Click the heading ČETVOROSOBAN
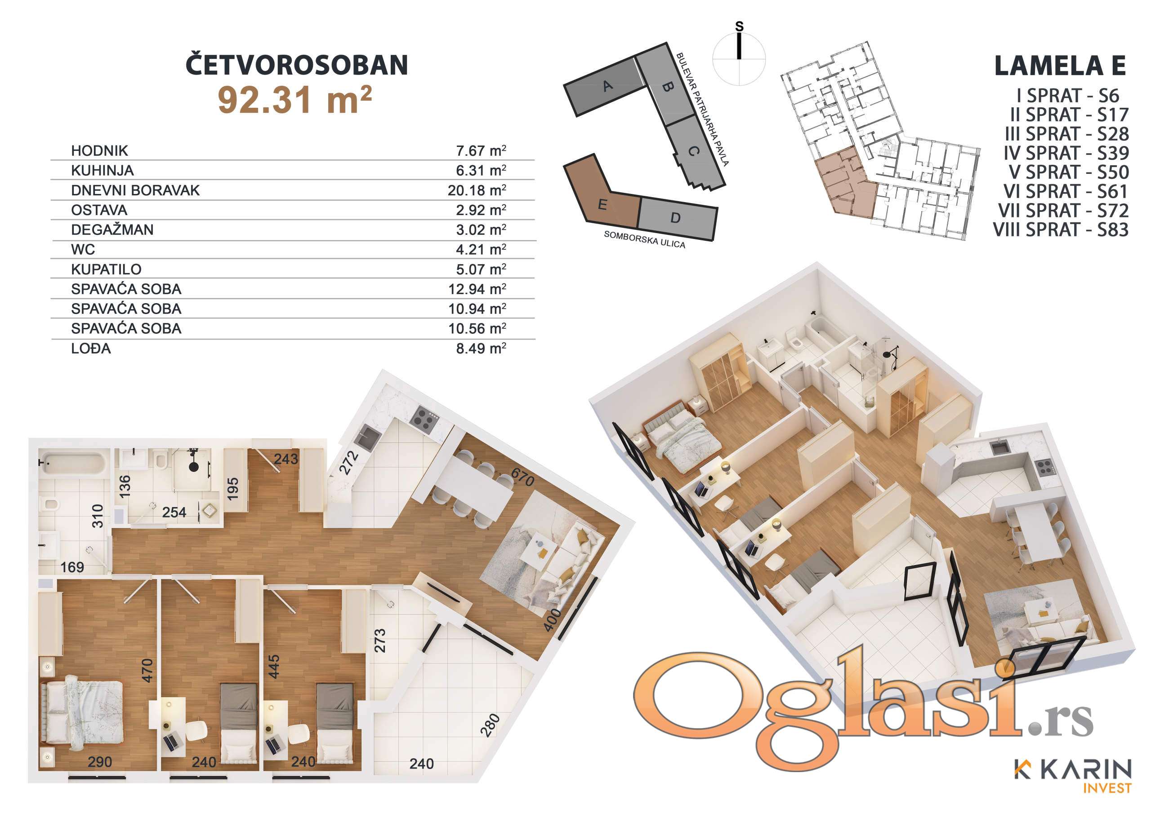pyautogui.click(x=297, y=65)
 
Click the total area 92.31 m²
pyautogui.click(x=295, y=100)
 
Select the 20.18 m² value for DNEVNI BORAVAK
pyautogui.click(x=477, y=190)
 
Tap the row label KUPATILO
pyautogui.click(x=106, y=269)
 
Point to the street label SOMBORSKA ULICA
pyautogui.click(x=644, y=239)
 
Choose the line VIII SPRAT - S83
pyautogui.click(x=1061, y=230)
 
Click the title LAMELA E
pyautogui.click(x=1060, y=66)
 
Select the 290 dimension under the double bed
pyautogui.click(x=100, y=762)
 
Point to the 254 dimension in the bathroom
pyautogui.click(x=174, y=512)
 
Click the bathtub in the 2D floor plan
pyautogui.click(x=73, y=464)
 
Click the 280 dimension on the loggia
pyautogui.click(x=490, y=725)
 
